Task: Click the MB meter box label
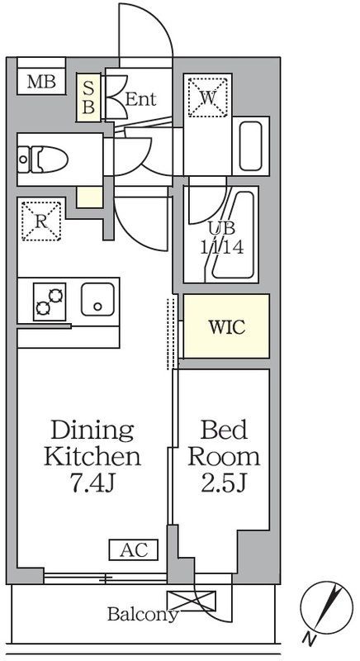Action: click(41, 82)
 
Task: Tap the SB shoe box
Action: click(88, 97)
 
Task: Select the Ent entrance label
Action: click(141, 99)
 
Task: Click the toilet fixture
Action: click(44, 159)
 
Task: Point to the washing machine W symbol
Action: click(207, 97)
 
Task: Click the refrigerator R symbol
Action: click(41, 221)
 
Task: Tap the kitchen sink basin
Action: click(97, 299)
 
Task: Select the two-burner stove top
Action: click(50, 302)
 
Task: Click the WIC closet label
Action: click(227, 327)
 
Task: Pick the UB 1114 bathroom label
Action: click(222, 239)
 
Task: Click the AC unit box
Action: click(134, 550)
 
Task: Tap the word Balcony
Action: click(143, 614)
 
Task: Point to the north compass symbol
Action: click(326, 607)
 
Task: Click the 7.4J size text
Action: click(92, 484)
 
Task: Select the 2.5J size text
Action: click(223, 484)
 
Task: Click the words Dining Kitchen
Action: click(92, 444)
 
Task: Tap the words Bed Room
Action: click(224, 444)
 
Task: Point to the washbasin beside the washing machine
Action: click(250, 146)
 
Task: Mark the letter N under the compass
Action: click(309, 640)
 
